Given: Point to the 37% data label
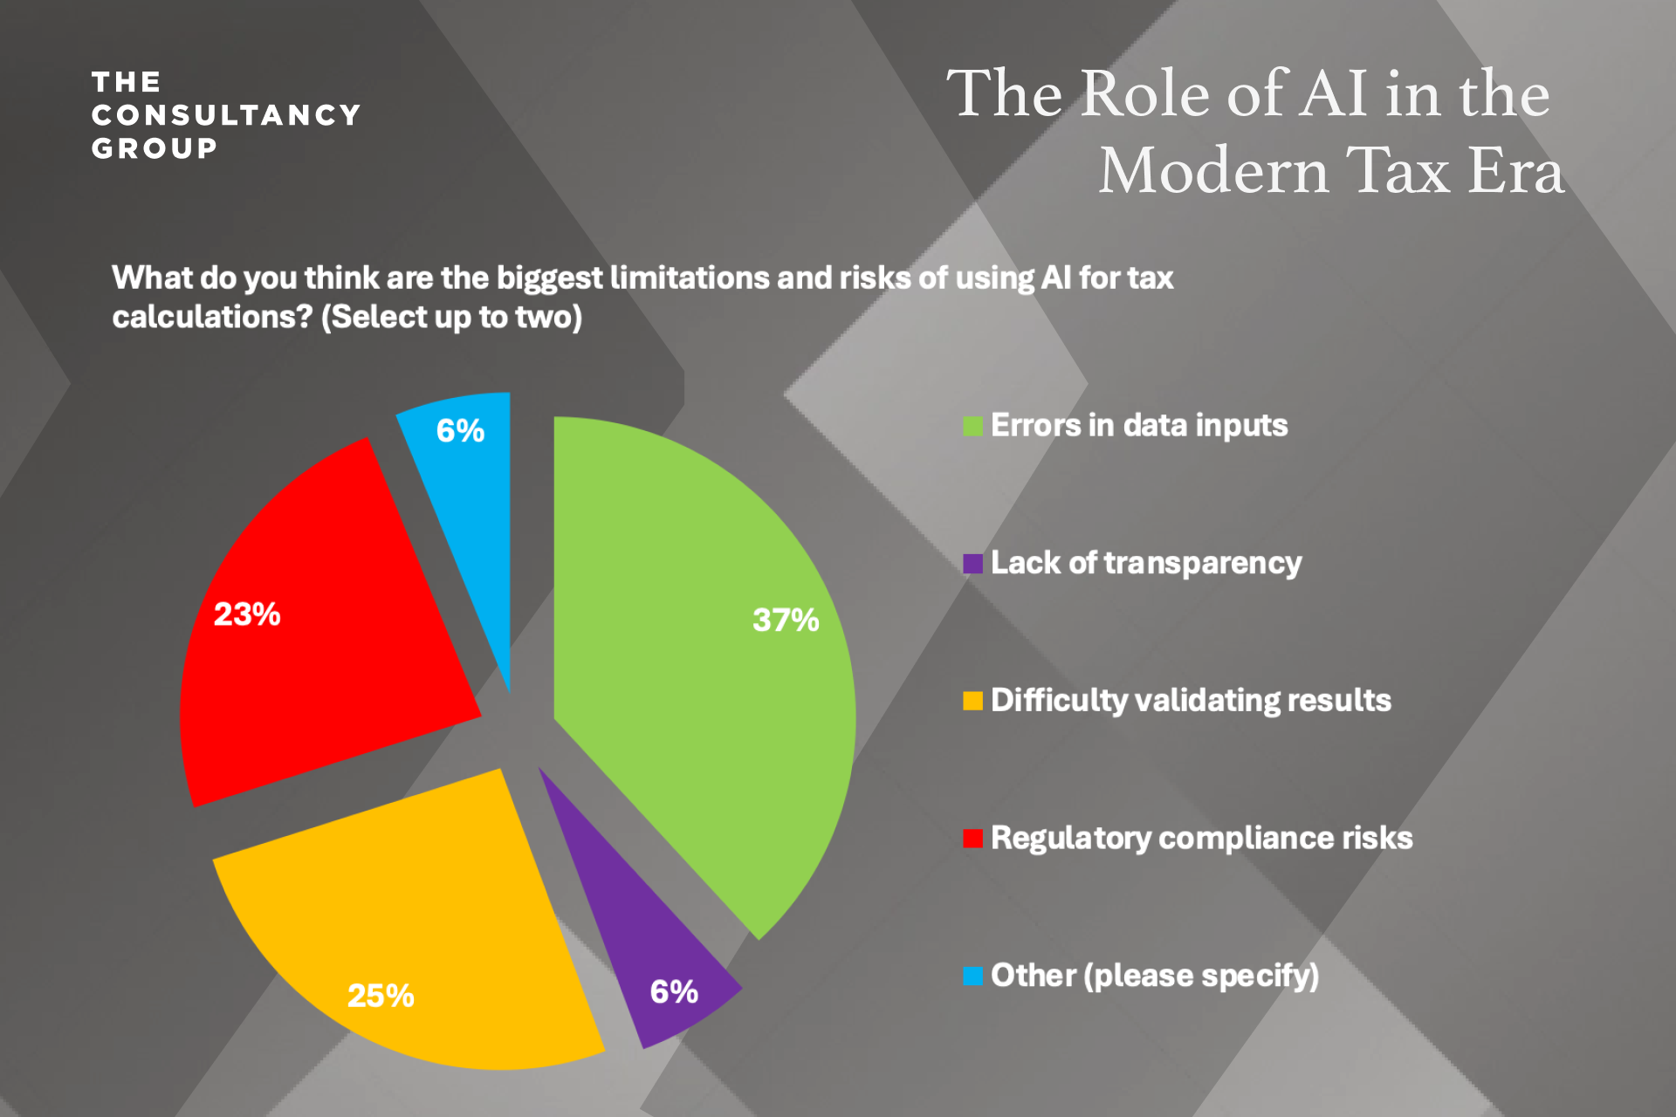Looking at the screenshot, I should [786, 620].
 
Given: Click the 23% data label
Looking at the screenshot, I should [247, 614].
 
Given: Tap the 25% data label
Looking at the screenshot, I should [381, 996].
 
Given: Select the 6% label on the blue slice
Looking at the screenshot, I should [460, 430].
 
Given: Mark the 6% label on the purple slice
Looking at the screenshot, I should [674, 991].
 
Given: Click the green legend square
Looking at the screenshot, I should [972, 426].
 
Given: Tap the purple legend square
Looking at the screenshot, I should [972, 564].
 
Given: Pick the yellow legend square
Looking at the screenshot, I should [972, 701].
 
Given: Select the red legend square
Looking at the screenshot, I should [972, 839].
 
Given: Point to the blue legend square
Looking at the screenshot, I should [972, 976].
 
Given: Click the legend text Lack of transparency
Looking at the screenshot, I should [1145, 564].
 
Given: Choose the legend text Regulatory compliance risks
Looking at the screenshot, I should [1201, 839].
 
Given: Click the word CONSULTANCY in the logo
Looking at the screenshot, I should [226, 115].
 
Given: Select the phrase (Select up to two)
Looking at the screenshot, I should [451, 317].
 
